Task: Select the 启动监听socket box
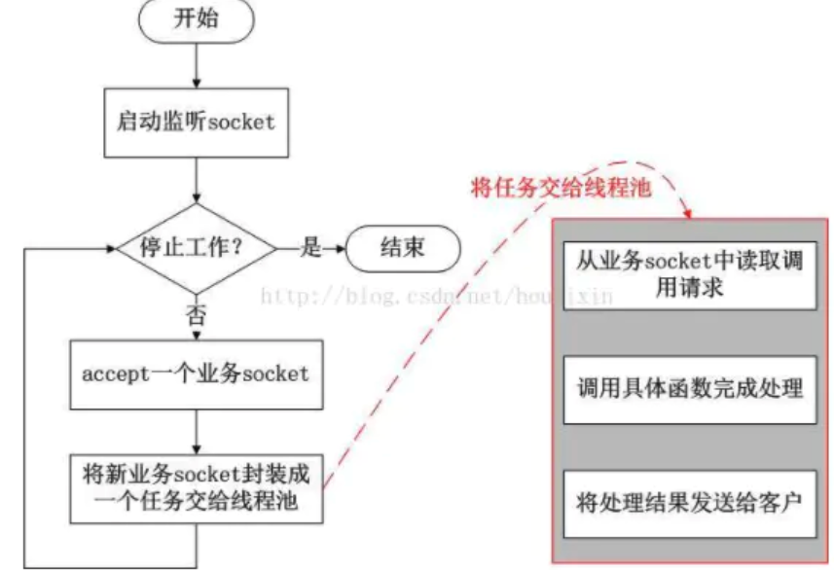[x=197, y=123]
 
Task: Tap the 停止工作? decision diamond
[x=197, y=248]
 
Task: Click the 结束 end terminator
[x=401, y=248]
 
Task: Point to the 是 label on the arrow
[x=310, y=248]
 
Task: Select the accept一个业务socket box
[x=197, y=374]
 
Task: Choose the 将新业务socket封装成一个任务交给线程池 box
[x=197, y=487]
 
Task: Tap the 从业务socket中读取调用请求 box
[x=688, y=274]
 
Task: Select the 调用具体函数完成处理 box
[x=688, y=388]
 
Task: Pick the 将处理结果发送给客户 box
[x=688, y=503]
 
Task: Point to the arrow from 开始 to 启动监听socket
[x=197, y=66]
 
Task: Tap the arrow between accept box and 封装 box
[x=197, y=429]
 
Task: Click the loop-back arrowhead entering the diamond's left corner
[x=110, y=248]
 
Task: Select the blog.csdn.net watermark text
[x=438, y=296]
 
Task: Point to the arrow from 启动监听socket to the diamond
[x=197, y=180]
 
